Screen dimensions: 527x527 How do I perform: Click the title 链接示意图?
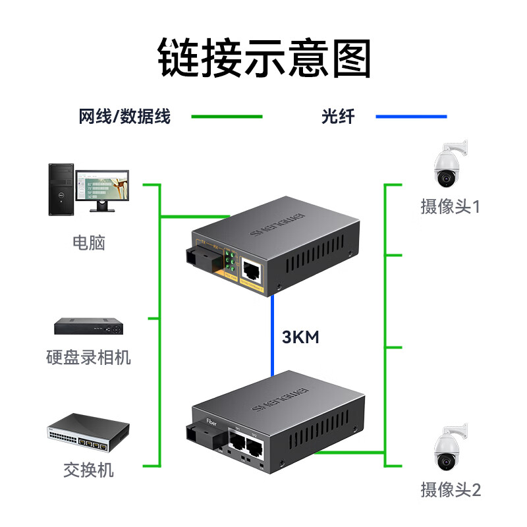point(264,59)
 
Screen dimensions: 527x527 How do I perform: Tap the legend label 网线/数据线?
point(125,117)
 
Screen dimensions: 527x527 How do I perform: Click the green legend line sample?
point(227,117)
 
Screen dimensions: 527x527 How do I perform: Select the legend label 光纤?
point(338,117)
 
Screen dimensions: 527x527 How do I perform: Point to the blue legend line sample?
point(411,117)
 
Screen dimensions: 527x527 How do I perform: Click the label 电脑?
point(88,242)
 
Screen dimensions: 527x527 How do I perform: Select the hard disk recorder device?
point(88,325)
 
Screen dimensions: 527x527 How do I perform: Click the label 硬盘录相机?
point(88,358)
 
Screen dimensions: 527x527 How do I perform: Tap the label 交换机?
point(88,470)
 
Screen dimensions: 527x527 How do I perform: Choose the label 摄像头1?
point(451,207)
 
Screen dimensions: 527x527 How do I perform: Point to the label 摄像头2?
point(451,489)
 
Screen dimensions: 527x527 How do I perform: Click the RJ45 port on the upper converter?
point(251,268)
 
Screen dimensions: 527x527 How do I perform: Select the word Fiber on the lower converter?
point(212,420)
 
